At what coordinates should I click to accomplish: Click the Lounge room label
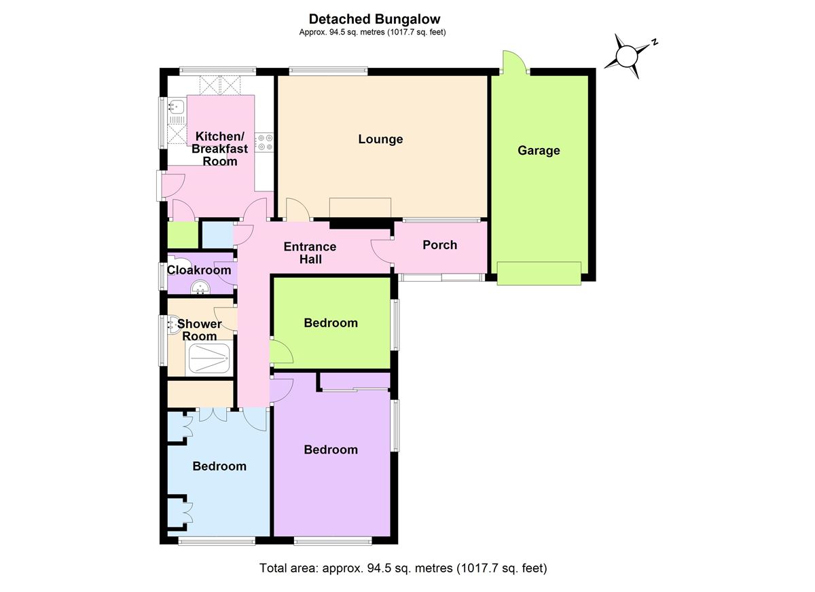(380, 139)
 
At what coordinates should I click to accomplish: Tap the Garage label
(539, 150)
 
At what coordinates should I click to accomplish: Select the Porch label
(439, 244)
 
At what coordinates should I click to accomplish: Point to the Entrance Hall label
(310, 253)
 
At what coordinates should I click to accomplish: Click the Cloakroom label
(199, 270)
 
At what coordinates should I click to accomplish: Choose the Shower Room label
(200, 329)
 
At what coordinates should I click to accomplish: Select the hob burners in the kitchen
(264, 142)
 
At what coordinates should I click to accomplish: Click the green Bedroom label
(331, 322)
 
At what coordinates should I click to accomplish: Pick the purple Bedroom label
(331, 449)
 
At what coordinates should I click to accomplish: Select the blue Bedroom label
(219, 466)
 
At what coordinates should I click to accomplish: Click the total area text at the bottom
(403, 568)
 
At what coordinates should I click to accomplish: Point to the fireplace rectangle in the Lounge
(360, 207)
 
